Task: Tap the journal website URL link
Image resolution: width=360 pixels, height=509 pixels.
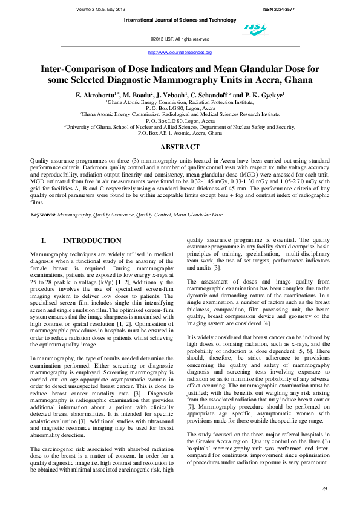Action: (x=179, y=52)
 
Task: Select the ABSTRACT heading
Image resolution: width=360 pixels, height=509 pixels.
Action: (x=179, y=148)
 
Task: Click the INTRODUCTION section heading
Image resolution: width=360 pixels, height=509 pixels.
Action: (x=92, y=241)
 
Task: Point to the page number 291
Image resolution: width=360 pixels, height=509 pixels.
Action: (x=325, y=488)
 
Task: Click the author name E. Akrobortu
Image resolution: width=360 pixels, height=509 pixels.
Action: (x=96, y=96)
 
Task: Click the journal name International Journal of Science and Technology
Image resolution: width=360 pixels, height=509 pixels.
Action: (x=180, y=21)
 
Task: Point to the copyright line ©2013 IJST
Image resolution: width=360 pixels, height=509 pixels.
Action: (x=180, y=39)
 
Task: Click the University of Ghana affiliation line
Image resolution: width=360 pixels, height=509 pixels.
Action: (x=180, y=127)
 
